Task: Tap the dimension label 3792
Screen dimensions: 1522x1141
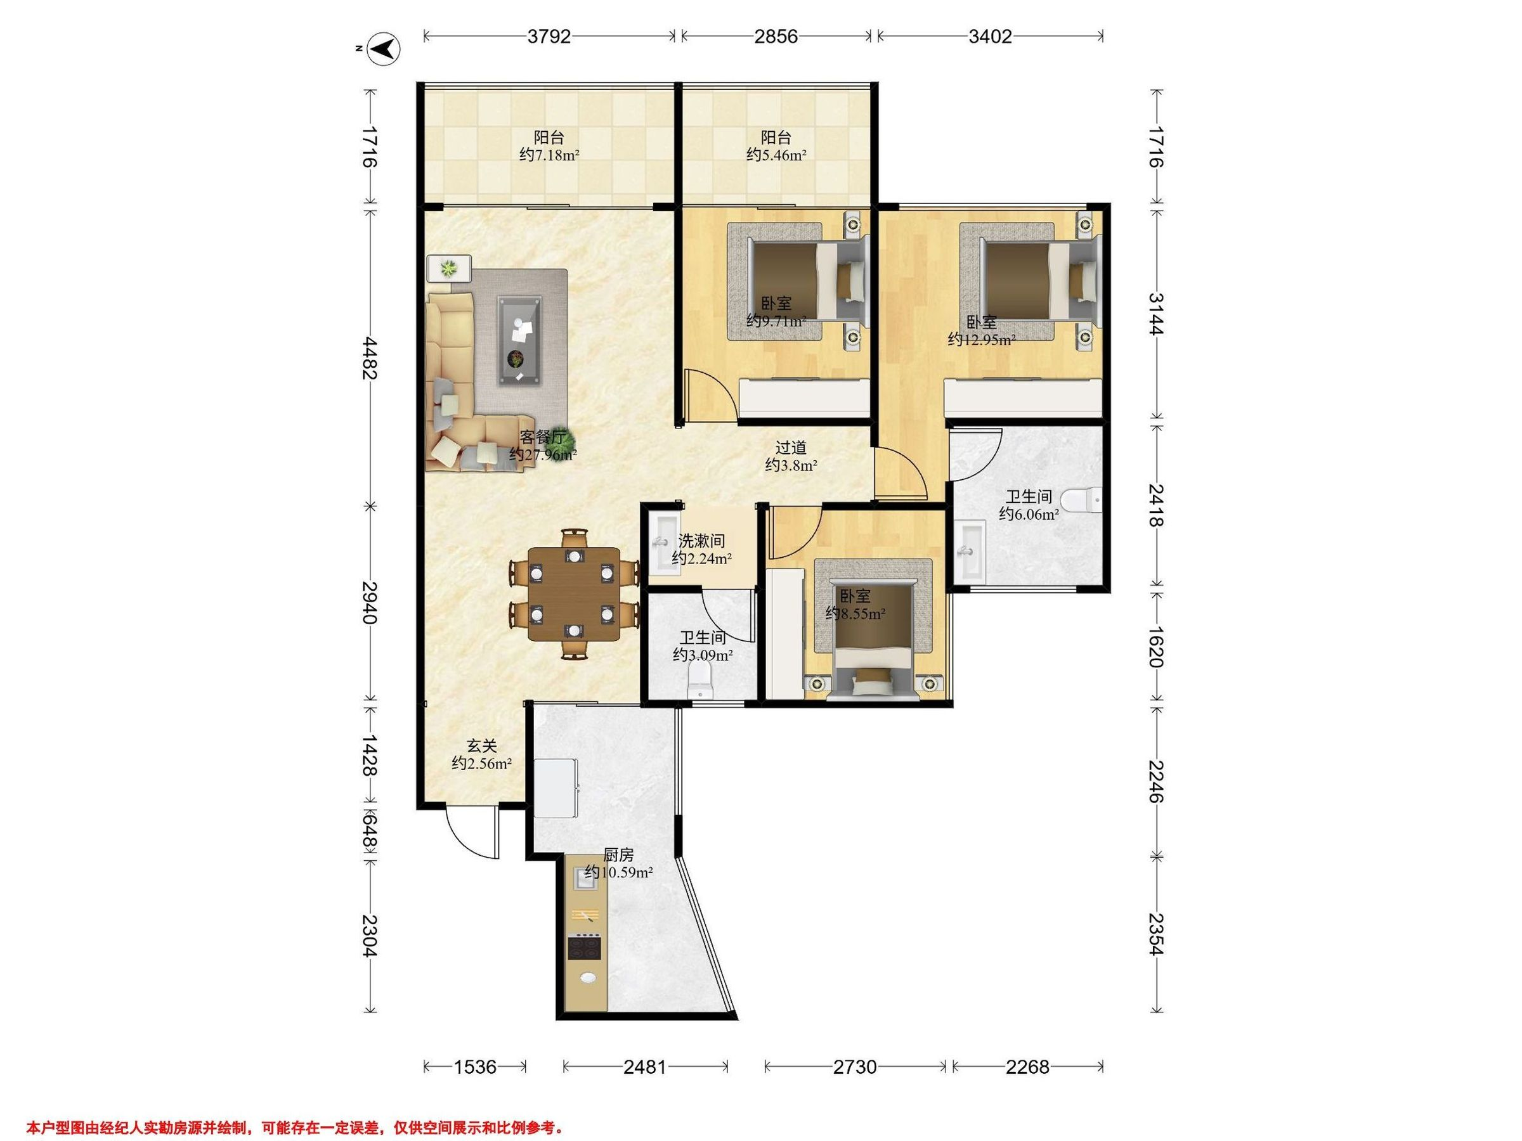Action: [x=549, y=37]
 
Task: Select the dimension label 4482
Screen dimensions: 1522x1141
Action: [x=370, y=358]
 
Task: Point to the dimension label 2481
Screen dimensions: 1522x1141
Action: [x=645, y=1067]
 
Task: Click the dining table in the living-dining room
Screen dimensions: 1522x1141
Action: [x=573, y=593]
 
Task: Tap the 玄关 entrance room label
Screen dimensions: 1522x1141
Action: [x=481, y=745]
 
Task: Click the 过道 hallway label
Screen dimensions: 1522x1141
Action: [x=791, y=448]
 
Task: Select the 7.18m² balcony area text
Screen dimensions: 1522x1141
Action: [x=549, y=155]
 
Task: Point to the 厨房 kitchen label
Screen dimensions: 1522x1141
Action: [x=618, y=855]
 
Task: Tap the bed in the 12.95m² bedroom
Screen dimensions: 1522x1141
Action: [x=1037, y=281]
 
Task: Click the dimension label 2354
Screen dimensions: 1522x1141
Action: [x=1156, y=934]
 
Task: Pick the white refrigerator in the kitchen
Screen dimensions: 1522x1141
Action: [x=556, y=787]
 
